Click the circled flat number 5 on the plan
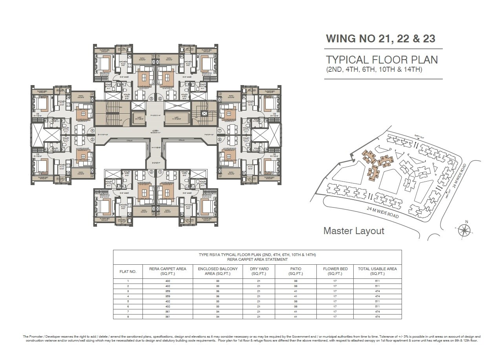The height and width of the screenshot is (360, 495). [151, 99]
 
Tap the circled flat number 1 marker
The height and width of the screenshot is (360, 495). [160, 172]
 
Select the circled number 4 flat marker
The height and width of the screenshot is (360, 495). [93, 131]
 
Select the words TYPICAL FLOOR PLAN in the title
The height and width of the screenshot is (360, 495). [382, 60]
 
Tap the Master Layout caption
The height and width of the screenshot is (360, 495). [354, 231]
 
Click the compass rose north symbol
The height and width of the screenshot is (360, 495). [466, 229]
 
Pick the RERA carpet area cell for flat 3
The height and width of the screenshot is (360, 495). [168, 291]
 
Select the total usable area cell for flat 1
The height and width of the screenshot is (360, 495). [377, 281]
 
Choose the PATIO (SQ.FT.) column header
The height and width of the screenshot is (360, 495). [296, 271]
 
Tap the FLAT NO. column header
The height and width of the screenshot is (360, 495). [128, 271]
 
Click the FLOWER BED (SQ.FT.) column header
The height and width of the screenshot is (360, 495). [335, 271]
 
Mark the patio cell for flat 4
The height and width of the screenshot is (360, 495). [296, 296]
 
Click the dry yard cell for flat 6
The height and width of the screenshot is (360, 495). [258, 306]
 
